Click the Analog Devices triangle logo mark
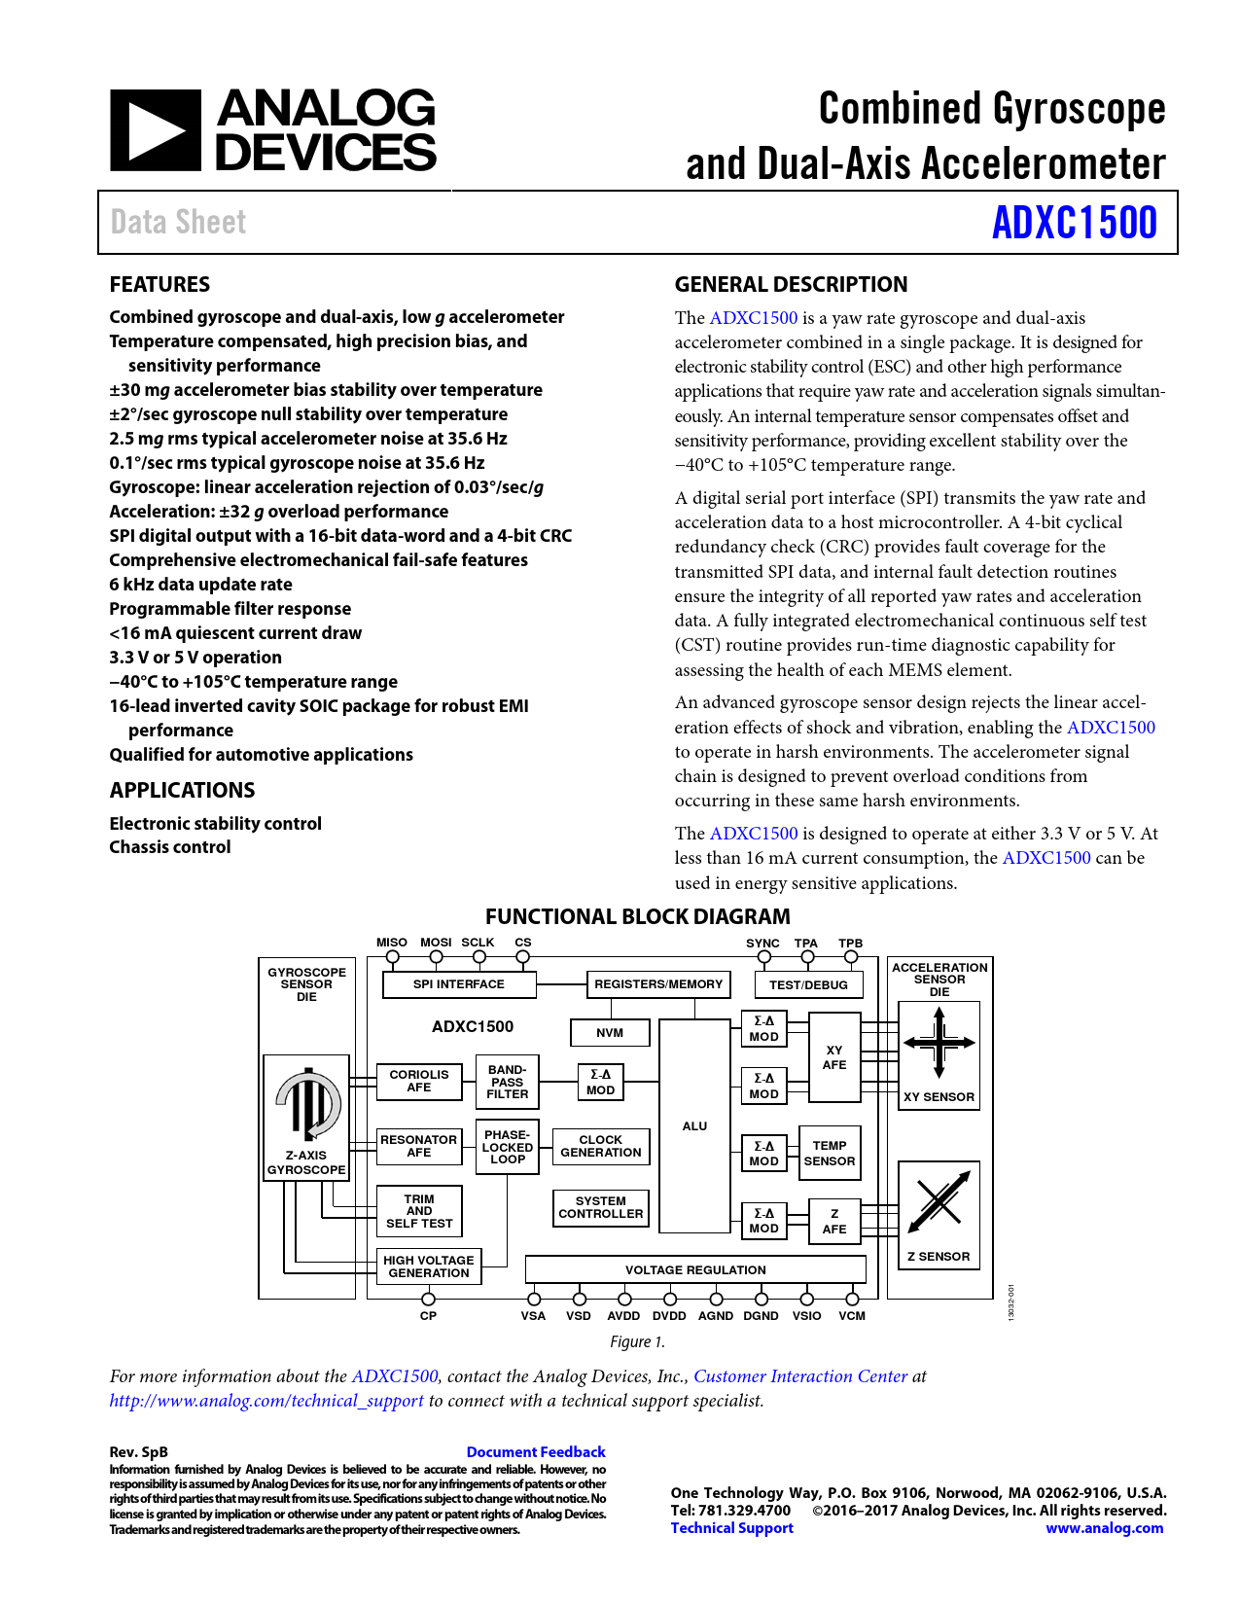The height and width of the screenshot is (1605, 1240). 155,130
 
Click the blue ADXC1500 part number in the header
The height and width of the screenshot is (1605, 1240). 1075,223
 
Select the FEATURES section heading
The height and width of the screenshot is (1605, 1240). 159,284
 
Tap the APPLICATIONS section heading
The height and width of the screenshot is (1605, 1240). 183,790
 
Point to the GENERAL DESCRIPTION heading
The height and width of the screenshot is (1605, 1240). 791,284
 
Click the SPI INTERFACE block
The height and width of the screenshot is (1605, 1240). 459,984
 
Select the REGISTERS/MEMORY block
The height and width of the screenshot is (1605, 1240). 658,984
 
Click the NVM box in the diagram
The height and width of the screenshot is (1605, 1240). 610,1033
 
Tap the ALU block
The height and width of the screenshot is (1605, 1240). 694,1126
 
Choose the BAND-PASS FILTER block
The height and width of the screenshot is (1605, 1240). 508,1082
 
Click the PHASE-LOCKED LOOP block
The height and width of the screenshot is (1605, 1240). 508,1147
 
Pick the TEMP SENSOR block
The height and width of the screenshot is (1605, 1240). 830,1153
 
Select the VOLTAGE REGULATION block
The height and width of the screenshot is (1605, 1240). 695,1269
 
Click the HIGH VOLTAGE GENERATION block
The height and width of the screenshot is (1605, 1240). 428,1266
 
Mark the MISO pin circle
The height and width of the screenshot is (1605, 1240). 393,957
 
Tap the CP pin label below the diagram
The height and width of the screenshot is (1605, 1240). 428,1316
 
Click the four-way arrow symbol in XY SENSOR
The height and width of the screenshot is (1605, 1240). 939,1043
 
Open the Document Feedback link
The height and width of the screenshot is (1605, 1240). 536,1452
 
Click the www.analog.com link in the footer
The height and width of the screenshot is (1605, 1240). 1104,1528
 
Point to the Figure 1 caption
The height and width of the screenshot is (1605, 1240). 637,1341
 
